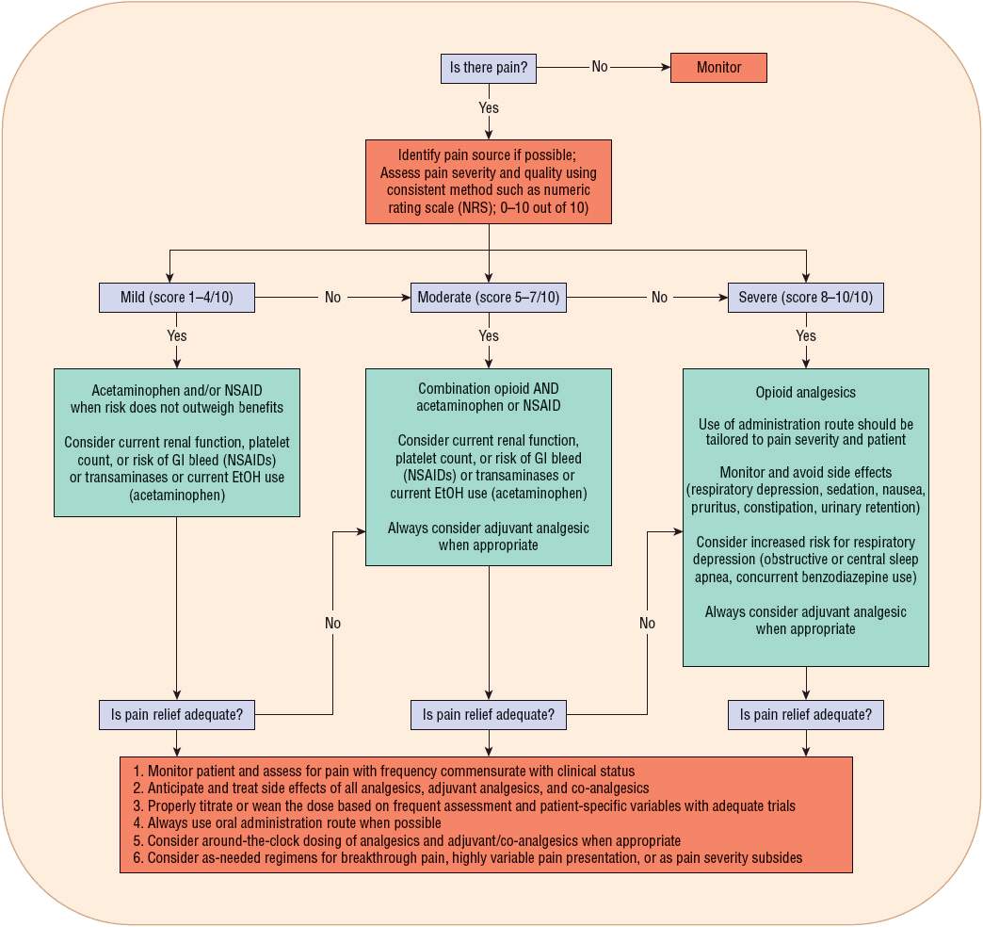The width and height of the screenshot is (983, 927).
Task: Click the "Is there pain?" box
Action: coord(489,68)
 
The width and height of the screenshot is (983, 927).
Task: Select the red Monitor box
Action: coord(718,68)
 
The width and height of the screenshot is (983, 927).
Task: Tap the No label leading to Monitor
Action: coord(600,68)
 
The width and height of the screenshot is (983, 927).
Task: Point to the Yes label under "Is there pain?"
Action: coord(489,108)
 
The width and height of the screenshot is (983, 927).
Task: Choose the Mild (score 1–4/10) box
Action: coord(177,298)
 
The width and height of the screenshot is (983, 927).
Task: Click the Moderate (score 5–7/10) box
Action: coord(489,298)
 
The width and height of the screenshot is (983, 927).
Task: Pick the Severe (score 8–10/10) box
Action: coord(806,298)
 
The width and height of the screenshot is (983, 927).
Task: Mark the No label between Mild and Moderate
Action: coord(333,298)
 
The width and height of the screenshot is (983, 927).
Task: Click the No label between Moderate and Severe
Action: coord(659,298)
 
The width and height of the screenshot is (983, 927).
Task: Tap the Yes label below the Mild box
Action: coord(177,336)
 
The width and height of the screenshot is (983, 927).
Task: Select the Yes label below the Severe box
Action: coord(806,336)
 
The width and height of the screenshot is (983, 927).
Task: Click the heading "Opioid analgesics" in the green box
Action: coord(806,392)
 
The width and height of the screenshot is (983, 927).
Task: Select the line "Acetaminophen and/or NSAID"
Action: coord(177,390)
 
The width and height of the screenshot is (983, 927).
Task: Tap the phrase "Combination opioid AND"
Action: coord(489,388)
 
